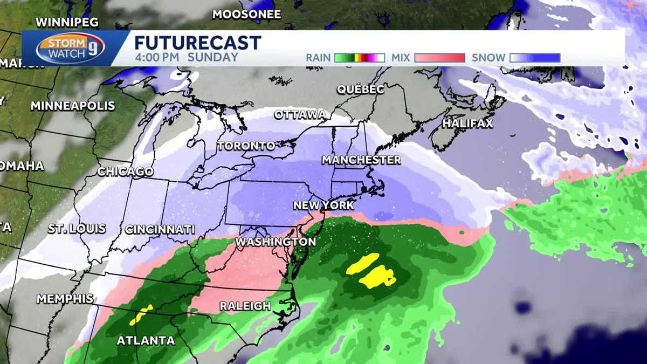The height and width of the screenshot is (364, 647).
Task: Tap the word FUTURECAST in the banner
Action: pos(197,43)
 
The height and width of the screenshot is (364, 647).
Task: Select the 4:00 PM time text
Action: pos(157,58)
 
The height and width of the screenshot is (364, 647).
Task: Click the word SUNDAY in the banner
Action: pos(214,58)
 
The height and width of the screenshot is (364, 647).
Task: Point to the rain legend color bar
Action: pos(359,58)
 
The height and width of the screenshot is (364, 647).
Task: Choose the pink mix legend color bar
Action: pos(439,58)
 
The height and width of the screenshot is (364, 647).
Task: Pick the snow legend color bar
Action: pos(535,58)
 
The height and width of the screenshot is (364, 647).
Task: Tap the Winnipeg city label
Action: pos(67,22)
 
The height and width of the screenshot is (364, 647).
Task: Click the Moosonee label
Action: pos(246,15)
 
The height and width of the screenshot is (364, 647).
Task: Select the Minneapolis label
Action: pos(73,106)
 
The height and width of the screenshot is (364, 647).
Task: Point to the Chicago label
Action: pos(126,171)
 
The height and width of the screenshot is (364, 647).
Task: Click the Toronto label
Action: pos(246,146)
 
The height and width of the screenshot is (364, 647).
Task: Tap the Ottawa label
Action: pos(300,115)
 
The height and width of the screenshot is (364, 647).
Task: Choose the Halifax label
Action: pos(467,123)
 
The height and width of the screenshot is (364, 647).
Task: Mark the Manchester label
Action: pos(361,160)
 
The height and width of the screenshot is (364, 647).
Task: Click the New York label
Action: pos(323,205)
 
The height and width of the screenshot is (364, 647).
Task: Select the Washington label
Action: pos(276,242)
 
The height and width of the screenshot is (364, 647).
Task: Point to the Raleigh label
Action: pos(245,306)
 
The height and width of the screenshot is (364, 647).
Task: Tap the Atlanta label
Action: pos(146,341)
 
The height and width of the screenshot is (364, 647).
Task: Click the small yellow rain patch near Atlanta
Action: pos(141,315)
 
